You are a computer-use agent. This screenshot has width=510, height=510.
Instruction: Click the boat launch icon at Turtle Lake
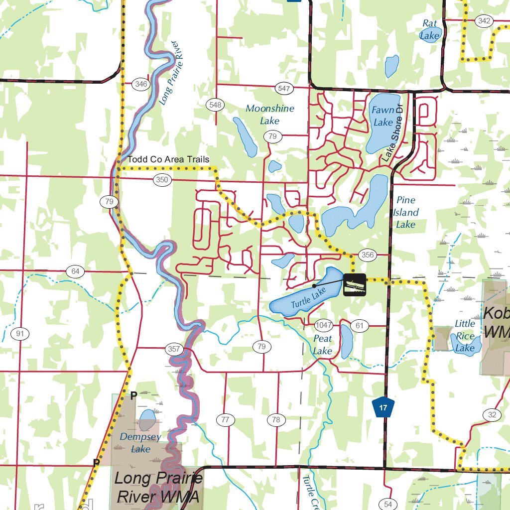tap(355, 284)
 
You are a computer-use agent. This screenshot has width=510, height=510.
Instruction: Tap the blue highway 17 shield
tap(383, 408)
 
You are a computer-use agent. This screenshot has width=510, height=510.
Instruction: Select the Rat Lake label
tap(429, 29)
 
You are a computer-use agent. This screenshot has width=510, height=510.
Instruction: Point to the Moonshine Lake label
tap(270, 115)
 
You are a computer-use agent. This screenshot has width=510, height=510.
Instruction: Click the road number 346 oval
tap(141, 84)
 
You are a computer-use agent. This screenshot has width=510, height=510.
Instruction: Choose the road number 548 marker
tap(215, 105)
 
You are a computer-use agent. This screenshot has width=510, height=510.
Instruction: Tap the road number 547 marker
tap(284, 89)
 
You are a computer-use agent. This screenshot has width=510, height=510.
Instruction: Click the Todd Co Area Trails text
tap(168, 159)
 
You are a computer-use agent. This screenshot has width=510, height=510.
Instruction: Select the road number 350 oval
tap(162, 180)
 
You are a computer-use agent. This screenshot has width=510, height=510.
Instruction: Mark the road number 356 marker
tap(367, 255)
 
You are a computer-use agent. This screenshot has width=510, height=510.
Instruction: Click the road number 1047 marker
tap(324, 326)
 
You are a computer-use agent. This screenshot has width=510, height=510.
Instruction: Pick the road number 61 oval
tap(359, 326)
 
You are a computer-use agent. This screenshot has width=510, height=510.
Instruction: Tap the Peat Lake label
tap(323, 345)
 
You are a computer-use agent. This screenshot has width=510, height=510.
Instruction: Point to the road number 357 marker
tap(173, 349)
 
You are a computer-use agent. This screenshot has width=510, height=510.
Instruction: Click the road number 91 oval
tap(20, 334)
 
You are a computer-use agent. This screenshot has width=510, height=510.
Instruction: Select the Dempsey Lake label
tap(140, 443)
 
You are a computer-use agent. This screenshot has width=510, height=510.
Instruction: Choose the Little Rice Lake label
tap(465, 336)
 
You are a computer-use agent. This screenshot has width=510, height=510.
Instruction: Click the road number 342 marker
tap(484, 20)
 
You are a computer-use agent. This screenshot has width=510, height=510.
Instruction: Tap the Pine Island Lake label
tap(406, 212)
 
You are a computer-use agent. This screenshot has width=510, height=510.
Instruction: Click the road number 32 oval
tap(492, 415)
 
